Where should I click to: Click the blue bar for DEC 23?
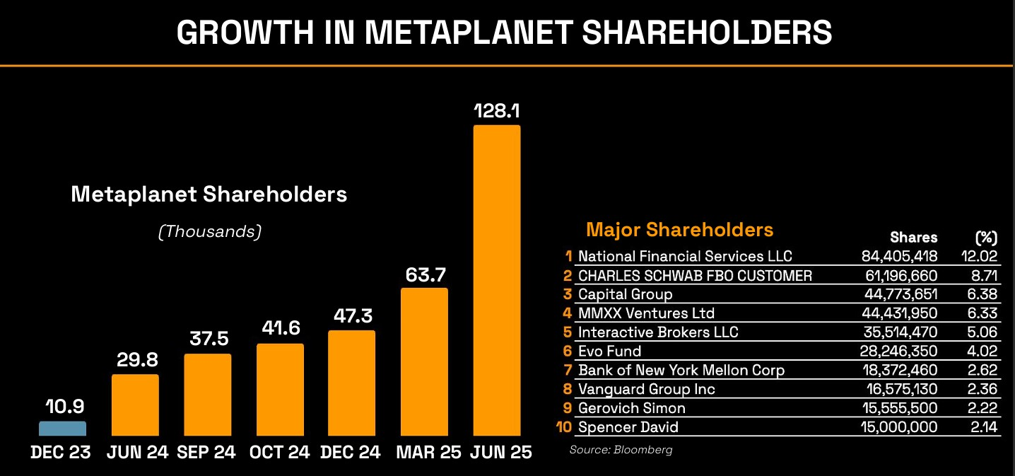(62, 429)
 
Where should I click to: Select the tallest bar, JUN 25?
(496, 280)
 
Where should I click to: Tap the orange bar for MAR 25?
(424, 361)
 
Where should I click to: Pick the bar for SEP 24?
(208, 394)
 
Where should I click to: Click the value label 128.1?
(496, 111)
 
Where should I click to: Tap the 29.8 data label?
(136, 359)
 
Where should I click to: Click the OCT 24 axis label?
(280, 452)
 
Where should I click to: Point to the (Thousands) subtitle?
(209, 231)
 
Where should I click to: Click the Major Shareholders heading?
(679, 230)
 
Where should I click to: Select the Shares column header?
(913, 238)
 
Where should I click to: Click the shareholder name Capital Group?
(625, 294)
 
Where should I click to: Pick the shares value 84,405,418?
(899, 256)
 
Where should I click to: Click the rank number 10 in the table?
(565, 427)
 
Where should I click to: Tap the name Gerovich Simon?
(631, 408)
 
